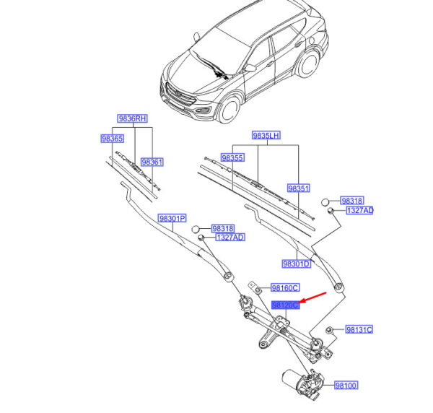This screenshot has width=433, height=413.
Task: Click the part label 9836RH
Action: click(132, 118)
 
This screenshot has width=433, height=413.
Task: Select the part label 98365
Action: click(112, 139)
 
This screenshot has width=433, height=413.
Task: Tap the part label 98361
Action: click(152, 162)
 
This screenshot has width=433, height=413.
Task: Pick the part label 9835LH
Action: click(266, 135)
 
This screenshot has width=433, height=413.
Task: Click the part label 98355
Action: click(233, 157)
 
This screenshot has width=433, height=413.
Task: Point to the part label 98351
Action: click(299, 188)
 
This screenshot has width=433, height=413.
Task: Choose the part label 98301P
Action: click(172, 219)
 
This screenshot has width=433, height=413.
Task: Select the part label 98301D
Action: click(297, 264)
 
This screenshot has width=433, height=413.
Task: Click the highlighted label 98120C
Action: click(286, 305)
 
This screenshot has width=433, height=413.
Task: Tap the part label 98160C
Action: click(285, 288)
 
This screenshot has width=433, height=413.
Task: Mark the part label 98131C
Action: click(359, 329)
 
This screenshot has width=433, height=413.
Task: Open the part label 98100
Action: click(346, 385)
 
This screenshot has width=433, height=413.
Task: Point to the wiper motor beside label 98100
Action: click(303, 382)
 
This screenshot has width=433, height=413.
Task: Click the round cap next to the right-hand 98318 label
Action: click(325, 202)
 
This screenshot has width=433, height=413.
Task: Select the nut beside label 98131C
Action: click(329, 330)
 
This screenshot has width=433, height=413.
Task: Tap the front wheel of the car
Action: click(229, 109)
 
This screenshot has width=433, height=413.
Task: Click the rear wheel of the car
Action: click(309, 64)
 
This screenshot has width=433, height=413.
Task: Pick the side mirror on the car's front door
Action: click(250, 68)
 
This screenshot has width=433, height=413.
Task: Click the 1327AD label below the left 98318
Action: click(230, 238)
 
